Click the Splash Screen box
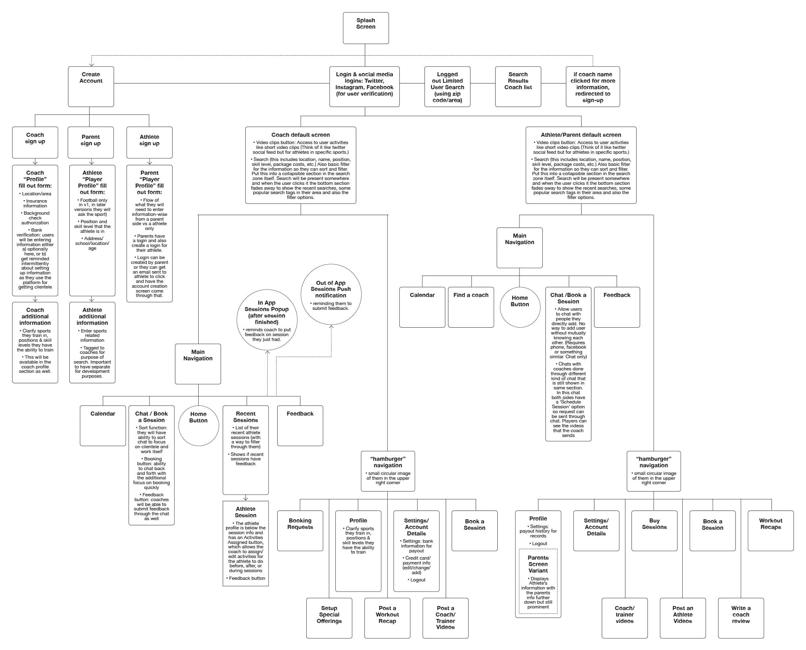click(366, 28)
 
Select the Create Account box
click(91, 86)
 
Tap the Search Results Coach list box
click(518, 86)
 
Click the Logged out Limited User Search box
click(447, 86)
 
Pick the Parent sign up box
click(91, 142)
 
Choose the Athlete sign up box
click(149, 142)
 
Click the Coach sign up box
click(35, 142)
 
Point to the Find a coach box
click(471, 307)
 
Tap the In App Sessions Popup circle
click(267, 320)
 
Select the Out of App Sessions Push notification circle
click(331, 295)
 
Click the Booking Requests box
click(300, 531)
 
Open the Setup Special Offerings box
click(329, 618)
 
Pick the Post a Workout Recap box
click(387, 618)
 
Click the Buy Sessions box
click(654, 531)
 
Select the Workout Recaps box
click(771, 531)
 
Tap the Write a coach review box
click(741, 618)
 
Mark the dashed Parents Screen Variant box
click(538, 581)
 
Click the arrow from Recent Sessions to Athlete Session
click(245, 498)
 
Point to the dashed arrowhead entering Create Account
click(91, 64)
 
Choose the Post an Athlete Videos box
click(683, 618)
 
